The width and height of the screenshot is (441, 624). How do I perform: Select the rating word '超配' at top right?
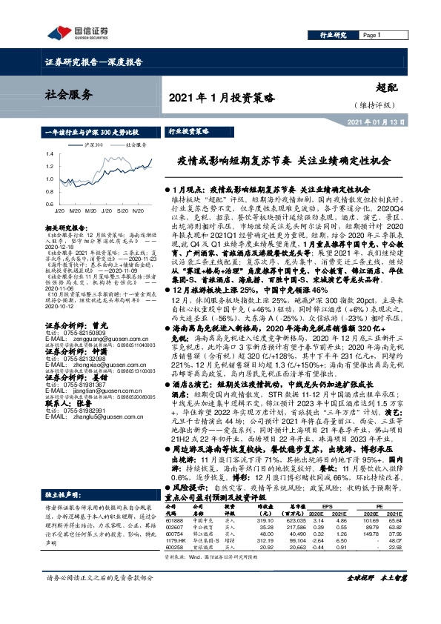pyautogui.click(x=385, y=87)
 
